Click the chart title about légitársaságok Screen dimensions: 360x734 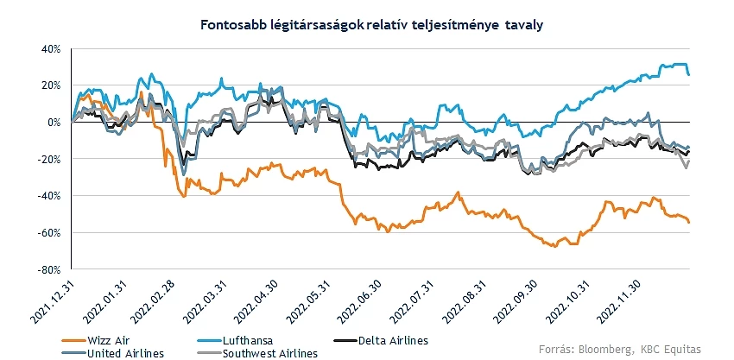coord(367,25)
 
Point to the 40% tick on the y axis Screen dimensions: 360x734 coord(48,48)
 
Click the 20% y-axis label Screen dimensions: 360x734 coord(48,85)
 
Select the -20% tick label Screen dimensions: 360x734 coord(47,160)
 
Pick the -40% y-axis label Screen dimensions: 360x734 coord(47,196)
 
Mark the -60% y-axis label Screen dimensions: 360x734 coord(47,233)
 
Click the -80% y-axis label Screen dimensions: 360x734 coord(47,270)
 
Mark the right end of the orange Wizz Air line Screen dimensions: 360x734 coord(688,222)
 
